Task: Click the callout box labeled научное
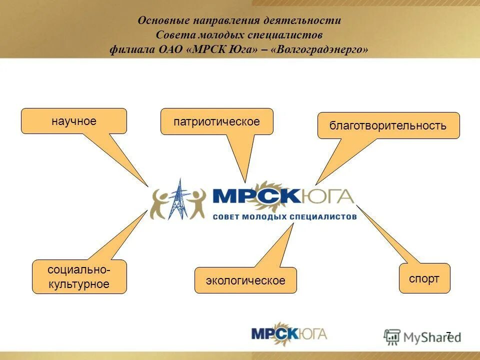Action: coord(74,121)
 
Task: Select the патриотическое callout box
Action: coord(216,121)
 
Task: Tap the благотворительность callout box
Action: coord(388,125)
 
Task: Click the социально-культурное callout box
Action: coord(79,276)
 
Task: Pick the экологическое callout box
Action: coord(245,280)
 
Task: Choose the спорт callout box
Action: coord(424,278)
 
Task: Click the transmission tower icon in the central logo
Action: coord(177,199)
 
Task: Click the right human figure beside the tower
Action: coord(195,202)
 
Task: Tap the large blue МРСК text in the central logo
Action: coord(256,196)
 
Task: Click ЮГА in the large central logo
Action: coord(327,196)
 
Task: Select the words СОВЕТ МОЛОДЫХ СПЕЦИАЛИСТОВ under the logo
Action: coord(284,217)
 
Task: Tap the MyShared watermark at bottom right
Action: coord(422,337)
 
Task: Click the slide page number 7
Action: coord(448,334)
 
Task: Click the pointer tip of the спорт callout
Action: coord(357,205)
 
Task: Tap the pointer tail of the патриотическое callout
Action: coord(245,181)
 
